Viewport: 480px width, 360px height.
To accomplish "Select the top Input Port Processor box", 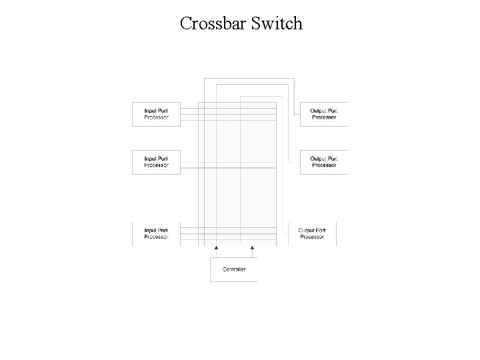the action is (x=157, y=114).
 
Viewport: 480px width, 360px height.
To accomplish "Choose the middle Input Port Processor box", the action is (x=157, y=161).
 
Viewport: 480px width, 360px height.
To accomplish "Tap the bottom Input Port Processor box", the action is (x=157, y=233).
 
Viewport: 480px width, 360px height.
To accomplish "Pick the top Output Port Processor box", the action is (x=323, y=114).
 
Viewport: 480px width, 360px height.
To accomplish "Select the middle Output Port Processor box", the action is (x=323, y=161).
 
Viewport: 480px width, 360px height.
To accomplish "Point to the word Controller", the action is (x=233, y=269).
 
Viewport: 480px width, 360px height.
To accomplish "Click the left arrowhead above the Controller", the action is (x=216, y=247).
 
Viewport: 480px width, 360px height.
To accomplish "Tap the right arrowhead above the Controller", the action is (x=252, y=247).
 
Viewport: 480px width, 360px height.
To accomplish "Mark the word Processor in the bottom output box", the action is (x=311, y=237).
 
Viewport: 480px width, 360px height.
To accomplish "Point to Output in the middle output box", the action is (x=318, y=158).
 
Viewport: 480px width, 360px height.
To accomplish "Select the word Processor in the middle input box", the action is (x=157, y=165).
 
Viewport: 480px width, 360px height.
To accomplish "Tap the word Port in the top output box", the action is (x=332, y=110).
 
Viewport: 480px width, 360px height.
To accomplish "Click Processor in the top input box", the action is (x=157, y=117).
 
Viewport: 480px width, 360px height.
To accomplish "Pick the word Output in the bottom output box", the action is (x=306, y=230).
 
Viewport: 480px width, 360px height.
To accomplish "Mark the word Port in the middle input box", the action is (x=163, y=158).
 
